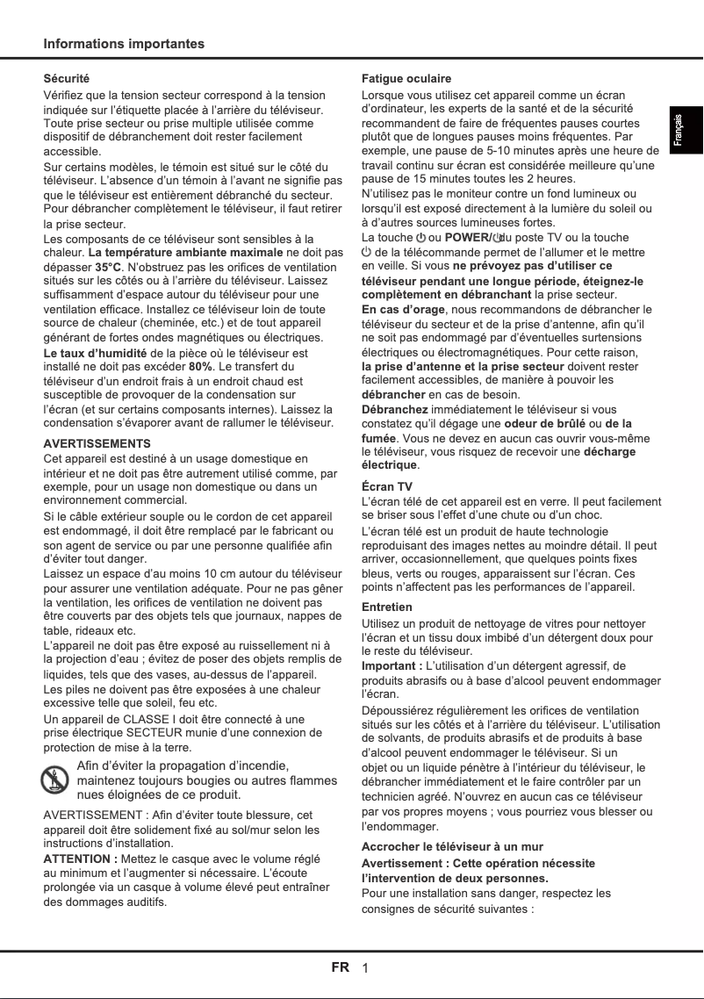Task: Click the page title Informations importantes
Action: pyautogui.click(x=124, y=44)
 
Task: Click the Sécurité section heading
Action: pyautogui.click(x=67, y=79)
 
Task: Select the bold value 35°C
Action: pyautogui.click(x=108, y=267)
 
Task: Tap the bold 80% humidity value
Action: pyautogui.click(x=201, y=366)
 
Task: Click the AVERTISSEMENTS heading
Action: pyautogui.click(x=97, y=443)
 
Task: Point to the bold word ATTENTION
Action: pyautogui.click(x=81, y=859)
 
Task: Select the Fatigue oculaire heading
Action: pyautogui.click(x=406, y=79)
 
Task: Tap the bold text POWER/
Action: pyautogui.click(x=470, y=238)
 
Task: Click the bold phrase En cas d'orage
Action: pyautogui.click(x=403, y=309)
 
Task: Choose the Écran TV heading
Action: pyautogui.click(x=387, y=486)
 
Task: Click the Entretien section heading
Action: pyautogui.click(x=387, y=607)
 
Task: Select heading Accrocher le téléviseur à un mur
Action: pyautogui.click(x=452, y=847)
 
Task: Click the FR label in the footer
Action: pyautogui.click(x=341, y=967)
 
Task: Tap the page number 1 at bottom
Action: pyautogui.click(x=365, y=968)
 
